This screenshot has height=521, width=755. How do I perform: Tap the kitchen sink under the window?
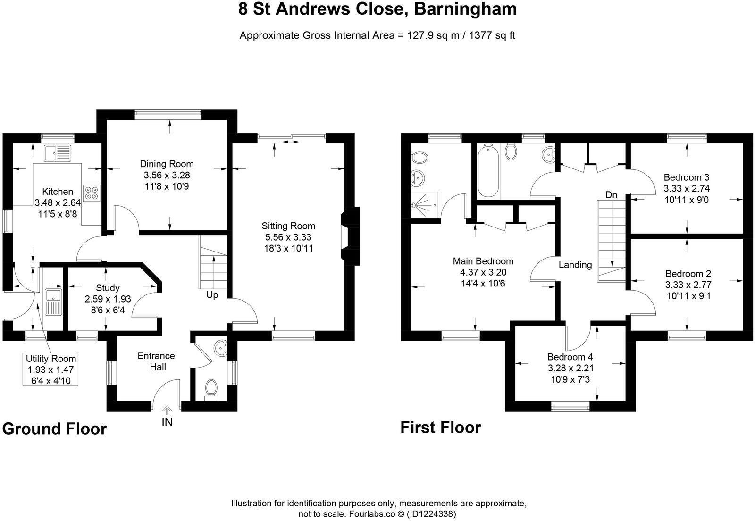(x=57, y=153)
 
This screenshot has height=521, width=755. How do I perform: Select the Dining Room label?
(x=167, y=164)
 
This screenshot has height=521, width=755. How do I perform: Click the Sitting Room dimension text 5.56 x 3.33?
(x=288, y=237)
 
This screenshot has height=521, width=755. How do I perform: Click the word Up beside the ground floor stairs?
(x=212, y=295)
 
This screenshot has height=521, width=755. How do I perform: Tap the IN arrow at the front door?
(x=167, y=412)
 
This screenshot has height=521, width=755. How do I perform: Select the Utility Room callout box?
(x=51, y=370)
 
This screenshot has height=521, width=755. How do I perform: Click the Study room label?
(x=108, y=288)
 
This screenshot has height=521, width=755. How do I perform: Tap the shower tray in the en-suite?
(x=425, y=205)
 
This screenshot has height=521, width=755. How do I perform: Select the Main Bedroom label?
(x=483, y=261)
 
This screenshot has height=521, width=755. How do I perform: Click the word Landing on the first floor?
(x=575, y=265)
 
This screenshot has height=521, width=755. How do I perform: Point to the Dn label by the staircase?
(x=611, y=195)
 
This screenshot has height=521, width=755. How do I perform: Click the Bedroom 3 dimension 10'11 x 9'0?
(x=686, y=200)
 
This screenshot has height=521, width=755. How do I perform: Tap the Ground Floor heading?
(x=54, y=429)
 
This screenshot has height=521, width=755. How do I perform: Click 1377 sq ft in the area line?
(x=491, y=35)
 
